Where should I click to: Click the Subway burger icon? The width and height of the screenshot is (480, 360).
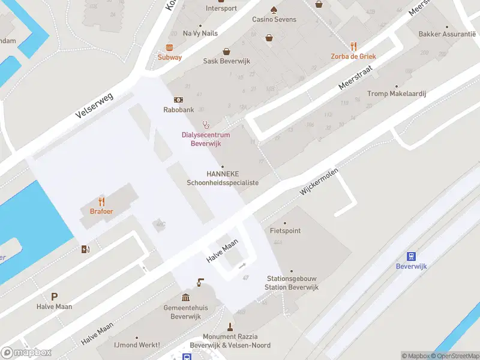[170, 47]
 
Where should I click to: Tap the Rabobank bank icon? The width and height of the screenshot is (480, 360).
[179, 100]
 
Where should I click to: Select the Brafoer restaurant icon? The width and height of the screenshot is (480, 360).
[102, 202]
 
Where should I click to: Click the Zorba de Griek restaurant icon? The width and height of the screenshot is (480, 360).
[353, 46]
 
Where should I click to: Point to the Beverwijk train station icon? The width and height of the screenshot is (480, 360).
[412, 256]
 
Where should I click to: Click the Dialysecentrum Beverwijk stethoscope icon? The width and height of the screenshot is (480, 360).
[206, 125]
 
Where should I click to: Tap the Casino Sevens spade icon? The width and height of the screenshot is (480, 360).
[274, 10]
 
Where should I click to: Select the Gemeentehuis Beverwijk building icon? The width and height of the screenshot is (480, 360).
[186, 298]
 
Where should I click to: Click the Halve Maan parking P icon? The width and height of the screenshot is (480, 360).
[55, 296]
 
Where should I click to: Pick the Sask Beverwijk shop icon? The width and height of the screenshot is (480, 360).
[226, 52]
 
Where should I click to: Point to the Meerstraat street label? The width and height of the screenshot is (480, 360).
[356, 78]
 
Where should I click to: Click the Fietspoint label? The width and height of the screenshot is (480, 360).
[285, 230]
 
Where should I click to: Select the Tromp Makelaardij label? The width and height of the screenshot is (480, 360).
[397, 94]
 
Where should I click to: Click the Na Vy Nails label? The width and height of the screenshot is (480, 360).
[200, 34]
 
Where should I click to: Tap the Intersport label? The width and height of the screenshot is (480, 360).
[221, 8]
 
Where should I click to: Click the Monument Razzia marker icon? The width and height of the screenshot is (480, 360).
[230, 327]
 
